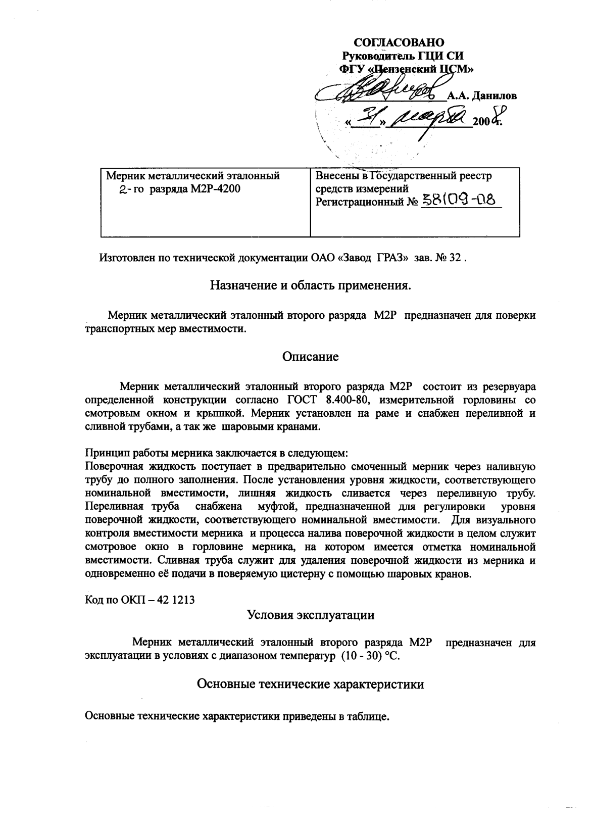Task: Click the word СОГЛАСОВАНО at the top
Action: (x=399, y=42)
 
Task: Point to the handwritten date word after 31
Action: (x=433, y=120)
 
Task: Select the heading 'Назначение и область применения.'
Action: (x=311, y=286)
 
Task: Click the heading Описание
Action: (x=310, y=357)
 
